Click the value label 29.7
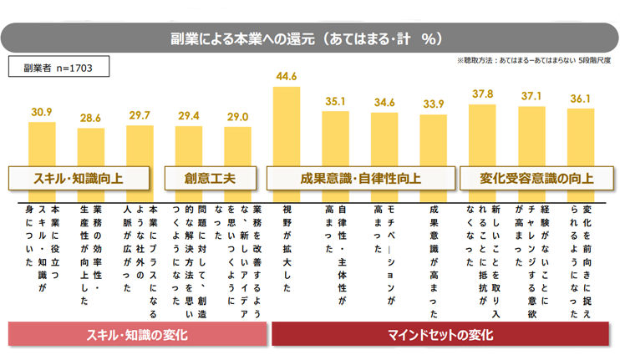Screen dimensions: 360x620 coord(140,115)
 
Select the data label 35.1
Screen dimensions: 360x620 coord(336,101)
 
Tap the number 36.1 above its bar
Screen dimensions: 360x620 coord(580,99)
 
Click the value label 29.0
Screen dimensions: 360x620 coord(237,117)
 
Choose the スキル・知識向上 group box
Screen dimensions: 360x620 coord(79,178)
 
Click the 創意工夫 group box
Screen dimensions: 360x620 coord(211,178)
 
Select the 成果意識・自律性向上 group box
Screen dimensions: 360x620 coord(360,178)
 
